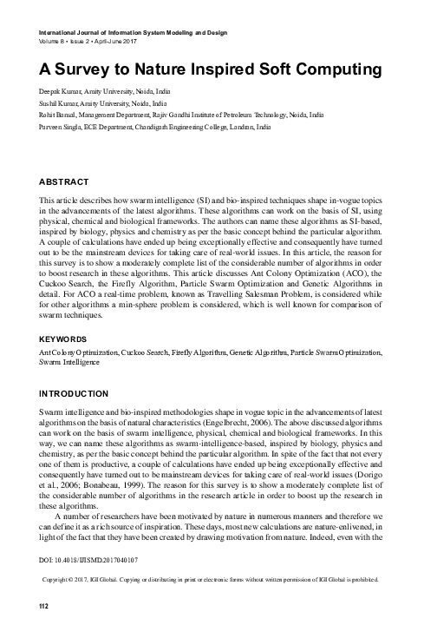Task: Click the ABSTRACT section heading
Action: click(x=65, y=182)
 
